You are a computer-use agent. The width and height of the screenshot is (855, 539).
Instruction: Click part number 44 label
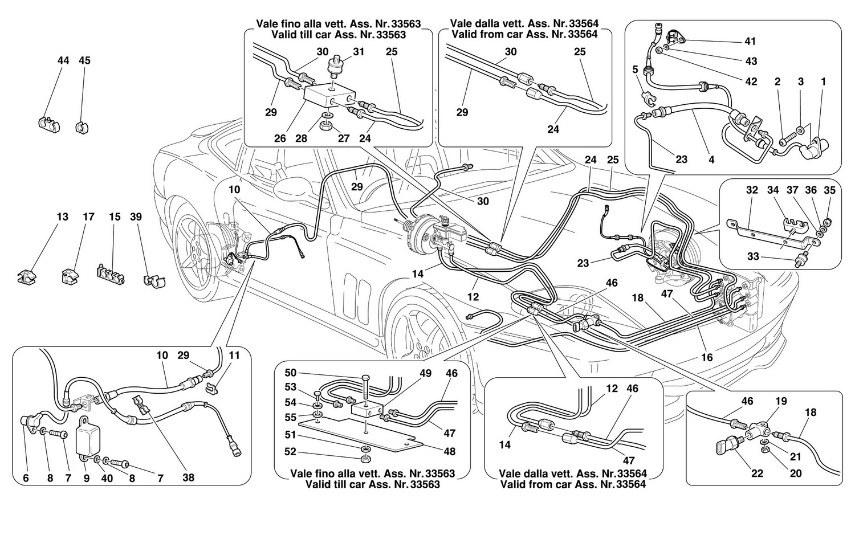(63, 60)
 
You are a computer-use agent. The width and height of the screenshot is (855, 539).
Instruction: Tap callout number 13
(62, 217)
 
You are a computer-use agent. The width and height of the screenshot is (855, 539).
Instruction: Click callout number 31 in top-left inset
(359, 52)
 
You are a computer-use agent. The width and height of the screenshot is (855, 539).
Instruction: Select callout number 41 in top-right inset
(750, 41)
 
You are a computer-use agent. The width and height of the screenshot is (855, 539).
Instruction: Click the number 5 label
(635, 70)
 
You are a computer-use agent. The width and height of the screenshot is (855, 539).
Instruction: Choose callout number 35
(830, 190)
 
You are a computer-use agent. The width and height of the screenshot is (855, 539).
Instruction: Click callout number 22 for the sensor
(757, 474)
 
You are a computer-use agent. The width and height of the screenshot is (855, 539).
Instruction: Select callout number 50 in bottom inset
(291, 373)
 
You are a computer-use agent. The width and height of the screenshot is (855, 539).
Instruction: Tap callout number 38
(188, 477)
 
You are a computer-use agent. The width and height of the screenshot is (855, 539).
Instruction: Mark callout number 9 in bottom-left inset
(87, 479)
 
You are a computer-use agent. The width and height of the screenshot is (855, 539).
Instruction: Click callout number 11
(234, 356)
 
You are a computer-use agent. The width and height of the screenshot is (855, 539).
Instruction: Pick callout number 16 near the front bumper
(707, 358)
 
